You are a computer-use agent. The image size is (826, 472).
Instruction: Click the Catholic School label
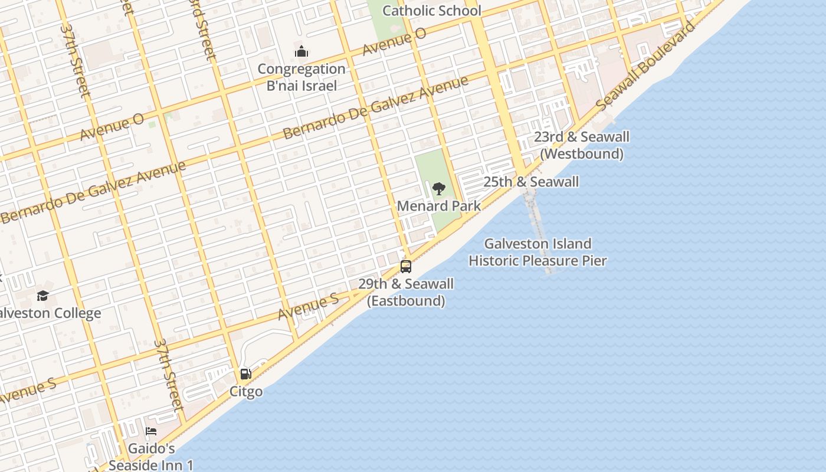pyautogui.click(x=432, y=11)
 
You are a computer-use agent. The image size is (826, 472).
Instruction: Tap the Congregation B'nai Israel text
pyautogui.click(x=301, y=77)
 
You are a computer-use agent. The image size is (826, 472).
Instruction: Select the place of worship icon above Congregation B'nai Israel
pyautogui.click(x=301, y=52)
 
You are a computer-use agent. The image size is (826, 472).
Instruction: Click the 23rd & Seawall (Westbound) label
pyautogui.click(x=581, y=145)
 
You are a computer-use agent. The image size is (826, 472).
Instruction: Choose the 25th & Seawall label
pyautogui.click(x=531, y=182)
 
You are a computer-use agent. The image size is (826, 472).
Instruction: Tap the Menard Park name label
pyautogui.click(x=438, y=206)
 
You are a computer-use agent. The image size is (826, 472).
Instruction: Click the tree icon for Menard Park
pyautogui.click(x=438, y=189)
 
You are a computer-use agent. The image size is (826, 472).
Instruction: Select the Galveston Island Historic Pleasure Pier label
pyautogui.click(x=537, y=252)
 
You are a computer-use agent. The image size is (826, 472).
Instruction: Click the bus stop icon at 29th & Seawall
pyautogui.click(x=406, y=266)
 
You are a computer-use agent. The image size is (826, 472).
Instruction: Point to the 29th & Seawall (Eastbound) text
pyautogui.click(x=406, y=292)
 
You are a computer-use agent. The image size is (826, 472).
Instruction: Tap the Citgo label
pyautogui.click(x=246, y=392)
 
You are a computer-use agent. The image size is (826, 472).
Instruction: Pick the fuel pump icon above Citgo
pyautogui.click(x=246, y=374)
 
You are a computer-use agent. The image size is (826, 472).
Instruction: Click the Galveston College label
pyautogui.click(x=50, y=313)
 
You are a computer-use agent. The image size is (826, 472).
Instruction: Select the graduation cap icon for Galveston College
pyautogui.click(x=42, y=296)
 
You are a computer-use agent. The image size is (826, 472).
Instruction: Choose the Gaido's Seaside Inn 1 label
pyautogui.click(x=151, y=457)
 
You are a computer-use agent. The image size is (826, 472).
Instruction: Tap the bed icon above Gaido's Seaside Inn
pyautogui.click(x=151, y=431)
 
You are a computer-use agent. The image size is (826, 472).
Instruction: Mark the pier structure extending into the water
pyautogui.click(x=537, y=230)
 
